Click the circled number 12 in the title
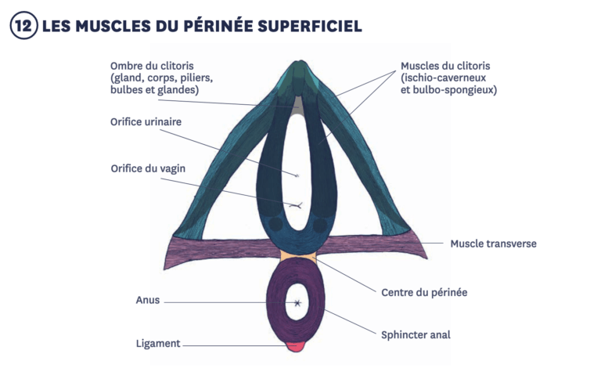[x=23, y=26]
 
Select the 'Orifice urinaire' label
[x=146, y=121]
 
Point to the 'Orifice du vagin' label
[x=148, y=168]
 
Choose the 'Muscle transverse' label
[x=493, y=244]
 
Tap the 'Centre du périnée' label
[x=424, y=292]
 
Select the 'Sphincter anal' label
[x=416, y=334]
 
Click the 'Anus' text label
[x=147, y=300]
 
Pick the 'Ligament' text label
[x=157, y=343]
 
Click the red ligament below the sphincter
[x=296, y=346]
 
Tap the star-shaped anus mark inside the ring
[x=297, y=303]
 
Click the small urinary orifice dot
[x=297, y=175]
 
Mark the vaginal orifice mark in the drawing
[x=296, y=206]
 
